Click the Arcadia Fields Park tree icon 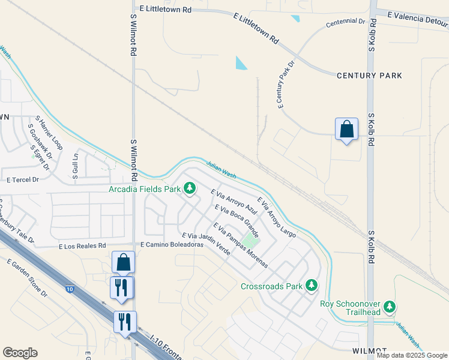tap(190, 190)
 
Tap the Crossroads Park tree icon tap(311, 286)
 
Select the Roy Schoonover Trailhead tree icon tap(390, 308)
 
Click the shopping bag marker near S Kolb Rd tap(346, 129)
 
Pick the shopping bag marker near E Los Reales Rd tap(123, 262)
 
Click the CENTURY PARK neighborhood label tap(369, 76)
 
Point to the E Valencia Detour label tap(418, 19)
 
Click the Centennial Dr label tap(345, 22)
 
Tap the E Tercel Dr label tap(23, 179)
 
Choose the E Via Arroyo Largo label tap(276, 217)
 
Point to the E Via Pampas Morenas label tap(240, 246)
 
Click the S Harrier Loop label tap(49, 133)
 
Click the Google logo tap(20, 353)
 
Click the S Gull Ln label tap(76, 163)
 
